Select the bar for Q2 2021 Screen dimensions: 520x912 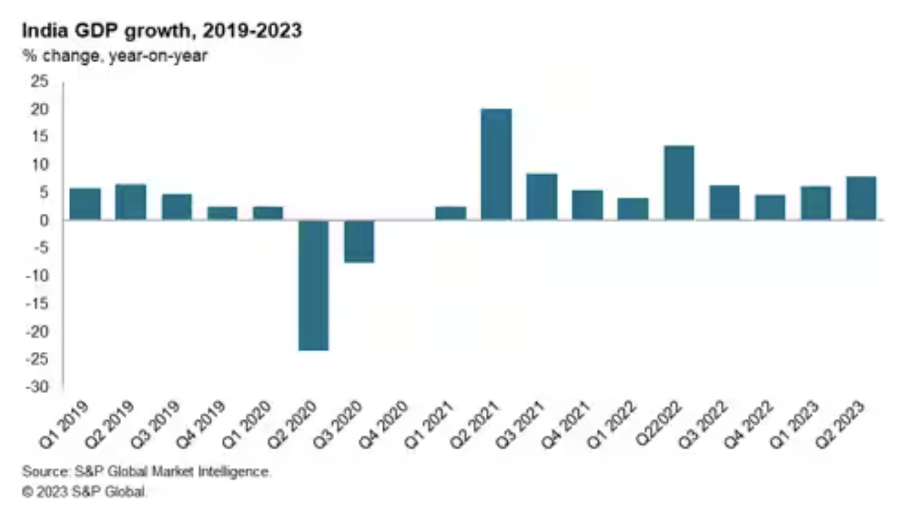pos(496,164)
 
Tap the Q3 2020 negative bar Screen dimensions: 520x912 pos(359,241)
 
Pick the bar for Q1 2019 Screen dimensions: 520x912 pos(85,204)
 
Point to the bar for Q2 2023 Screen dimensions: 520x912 pos(861,198)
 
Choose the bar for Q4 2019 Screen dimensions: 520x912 pos(222,213)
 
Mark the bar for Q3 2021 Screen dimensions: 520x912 pos(542,197)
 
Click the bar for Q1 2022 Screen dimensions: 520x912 pos(633,209)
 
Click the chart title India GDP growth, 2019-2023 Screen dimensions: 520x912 pos(162,31)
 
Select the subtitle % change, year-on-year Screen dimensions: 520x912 pos(115,56)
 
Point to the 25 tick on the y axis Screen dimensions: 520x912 pos(40,82)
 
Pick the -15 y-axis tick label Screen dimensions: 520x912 pos(37,304)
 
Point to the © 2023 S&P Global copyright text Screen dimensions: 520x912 pos(85,491)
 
